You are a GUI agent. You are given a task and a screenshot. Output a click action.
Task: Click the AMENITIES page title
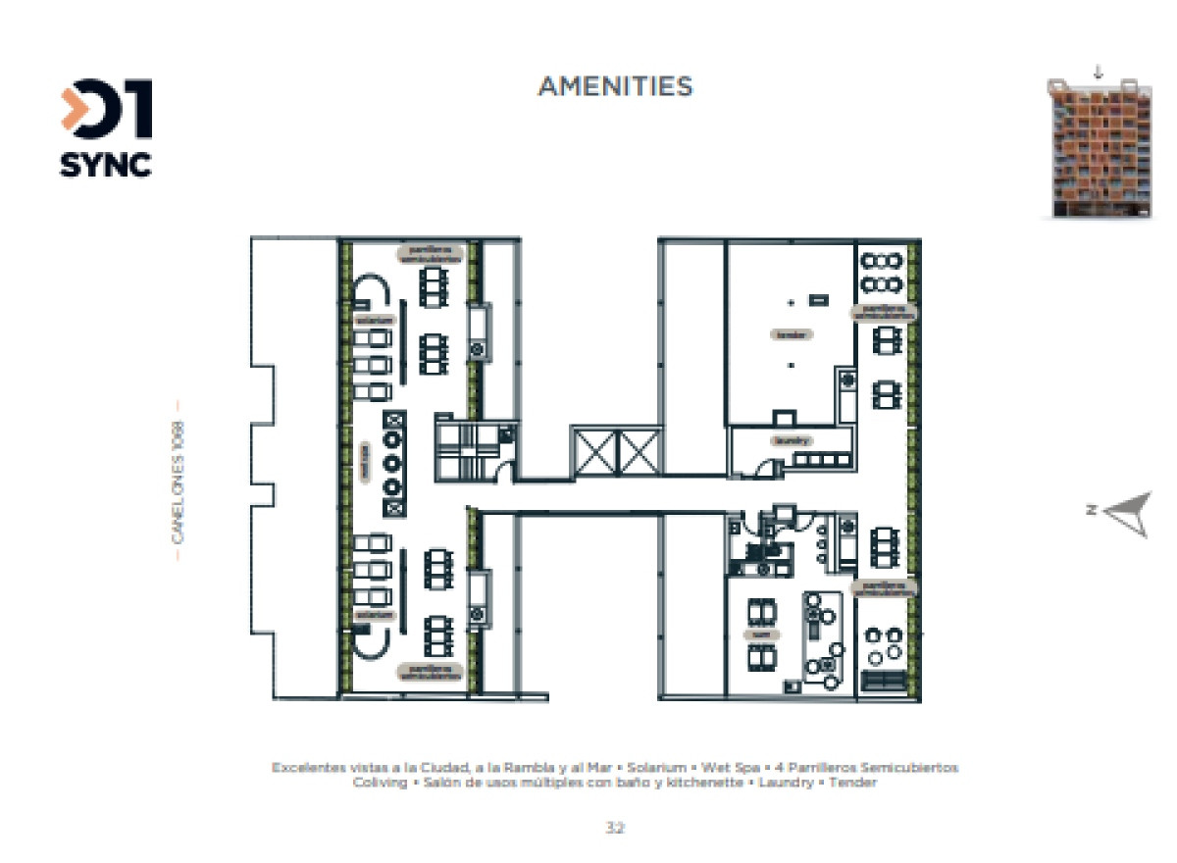pyautogui.click(x=615, y=86)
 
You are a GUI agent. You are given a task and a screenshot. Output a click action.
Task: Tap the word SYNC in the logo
pyautogui.click(x=106, y=164)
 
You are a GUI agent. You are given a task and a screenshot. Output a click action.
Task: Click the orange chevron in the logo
pyautogui.click(x=76, y=110)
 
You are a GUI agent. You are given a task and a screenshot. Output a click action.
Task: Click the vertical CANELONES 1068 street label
pyautogui.click(x=178, y=481)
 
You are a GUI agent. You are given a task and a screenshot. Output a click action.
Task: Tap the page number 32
pyautogui.click(x=615, y=828)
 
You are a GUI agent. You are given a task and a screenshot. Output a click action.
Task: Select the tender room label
pyautogui.click(x=792, y=334)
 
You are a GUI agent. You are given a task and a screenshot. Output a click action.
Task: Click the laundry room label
pyautogui.click(x=792, y=440)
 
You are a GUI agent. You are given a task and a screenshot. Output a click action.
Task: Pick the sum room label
pyautogui.click(x=759, y=635)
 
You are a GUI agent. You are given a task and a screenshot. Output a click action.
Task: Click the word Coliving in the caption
pyautogui.click(x=380, y=784)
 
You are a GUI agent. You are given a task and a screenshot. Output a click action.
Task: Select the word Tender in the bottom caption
pyautogui.click(x=852, y=784)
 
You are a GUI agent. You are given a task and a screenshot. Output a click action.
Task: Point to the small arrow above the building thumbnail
pyautogui.click(x=1098, y=72)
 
